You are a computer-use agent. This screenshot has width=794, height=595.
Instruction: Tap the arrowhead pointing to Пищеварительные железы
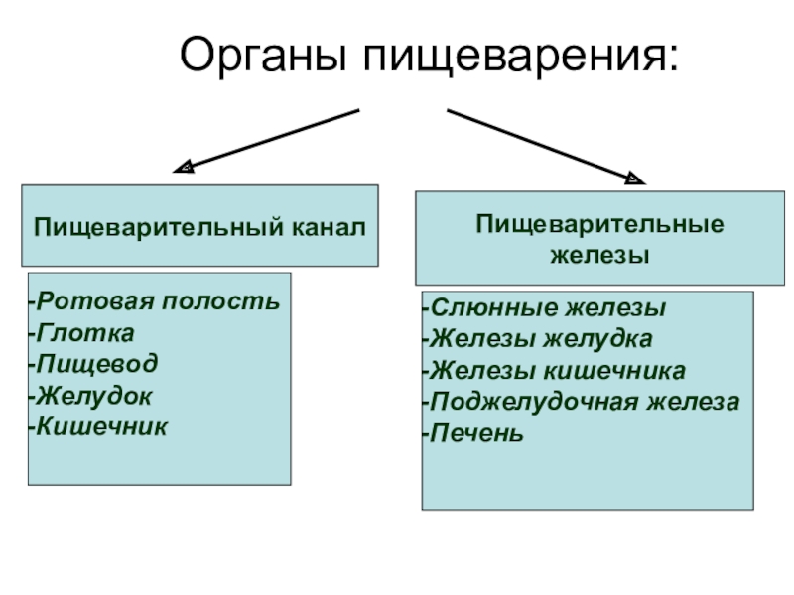tap(635, 179)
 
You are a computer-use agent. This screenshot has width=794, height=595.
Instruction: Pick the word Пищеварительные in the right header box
tap(598, 225)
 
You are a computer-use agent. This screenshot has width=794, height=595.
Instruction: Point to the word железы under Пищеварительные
tap(599, 255)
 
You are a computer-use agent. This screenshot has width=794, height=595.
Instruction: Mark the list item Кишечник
tap(98, 426)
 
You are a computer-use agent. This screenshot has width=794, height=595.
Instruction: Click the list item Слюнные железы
tap(544, 308)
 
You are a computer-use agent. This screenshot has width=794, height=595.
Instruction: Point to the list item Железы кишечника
tap(554, 371)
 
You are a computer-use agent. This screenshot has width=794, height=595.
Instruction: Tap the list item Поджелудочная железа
tap(581, 403)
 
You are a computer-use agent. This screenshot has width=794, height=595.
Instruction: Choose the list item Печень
tap(473, 434)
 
